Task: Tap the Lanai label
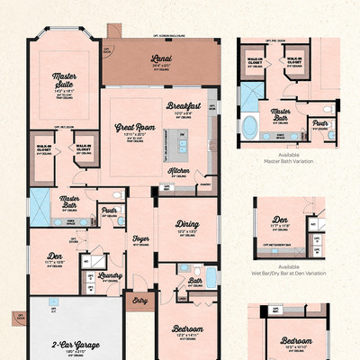tap(162, 60)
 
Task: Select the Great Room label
tap(135, 128)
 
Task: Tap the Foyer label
tap(140, 238)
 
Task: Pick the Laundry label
tap(112, 276)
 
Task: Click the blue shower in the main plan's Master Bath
tap(40, 202)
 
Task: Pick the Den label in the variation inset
tap(281, 218)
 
